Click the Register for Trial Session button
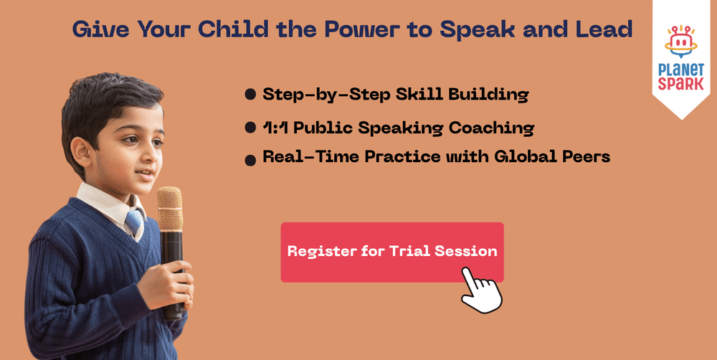point(392,252)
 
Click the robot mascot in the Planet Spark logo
point(681,42)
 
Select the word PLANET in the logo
point(681,70)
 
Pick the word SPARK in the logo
point(681,84)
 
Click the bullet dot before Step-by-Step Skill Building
point(250,95)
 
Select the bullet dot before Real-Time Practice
point(250,160)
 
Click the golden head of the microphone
point(170,208)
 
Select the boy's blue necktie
point(135,222)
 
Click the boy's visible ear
point(83,152)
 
